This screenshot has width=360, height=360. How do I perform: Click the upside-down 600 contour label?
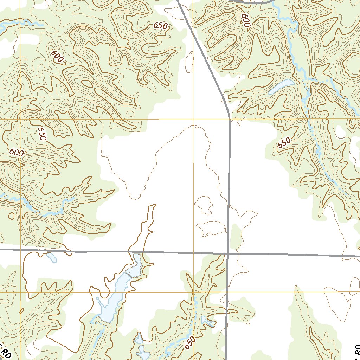tap(245, 21)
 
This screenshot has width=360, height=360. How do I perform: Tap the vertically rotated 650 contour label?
tap(42, 134)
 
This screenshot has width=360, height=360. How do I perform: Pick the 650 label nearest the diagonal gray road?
tap(160, 26)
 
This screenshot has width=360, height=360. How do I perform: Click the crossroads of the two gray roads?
tap(228, 253)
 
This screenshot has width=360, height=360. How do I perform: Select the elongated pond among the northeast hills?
tap(281, 87)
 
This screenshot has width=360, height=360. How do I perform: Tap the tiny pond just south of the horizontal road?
tap(52, 257)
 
